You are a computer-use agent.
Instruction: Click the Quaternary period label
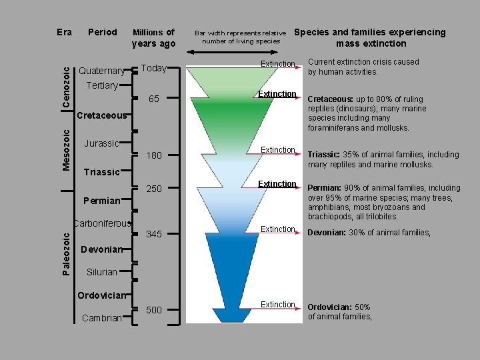102,71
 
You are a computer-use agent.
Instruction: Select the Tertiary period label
102,86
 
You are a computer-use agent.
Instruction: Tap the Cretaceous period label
101,115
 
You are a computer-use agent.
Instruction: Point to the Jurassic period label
101,143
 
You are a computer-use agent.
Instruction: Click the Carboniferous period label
103,223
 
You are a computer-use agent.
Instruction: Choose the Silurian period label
101,272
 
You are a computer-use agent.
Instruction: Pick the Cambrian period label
101,318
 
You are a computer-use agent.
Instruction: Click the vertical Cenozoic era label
67,83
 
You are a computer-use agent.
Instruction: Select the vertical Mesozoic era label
67,149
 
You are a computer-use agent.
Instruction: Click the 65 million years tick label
154,99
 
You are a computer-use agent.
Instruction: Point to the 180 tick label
154,155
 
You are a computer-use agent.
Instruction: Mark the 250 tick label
154,189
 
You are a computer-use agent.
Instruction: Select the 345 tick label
154,234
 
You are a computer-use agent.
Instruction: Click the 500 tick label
154,309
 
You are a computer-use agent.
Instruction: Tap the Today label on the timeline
154,69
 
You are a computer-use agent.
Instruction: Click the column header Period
103,32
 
